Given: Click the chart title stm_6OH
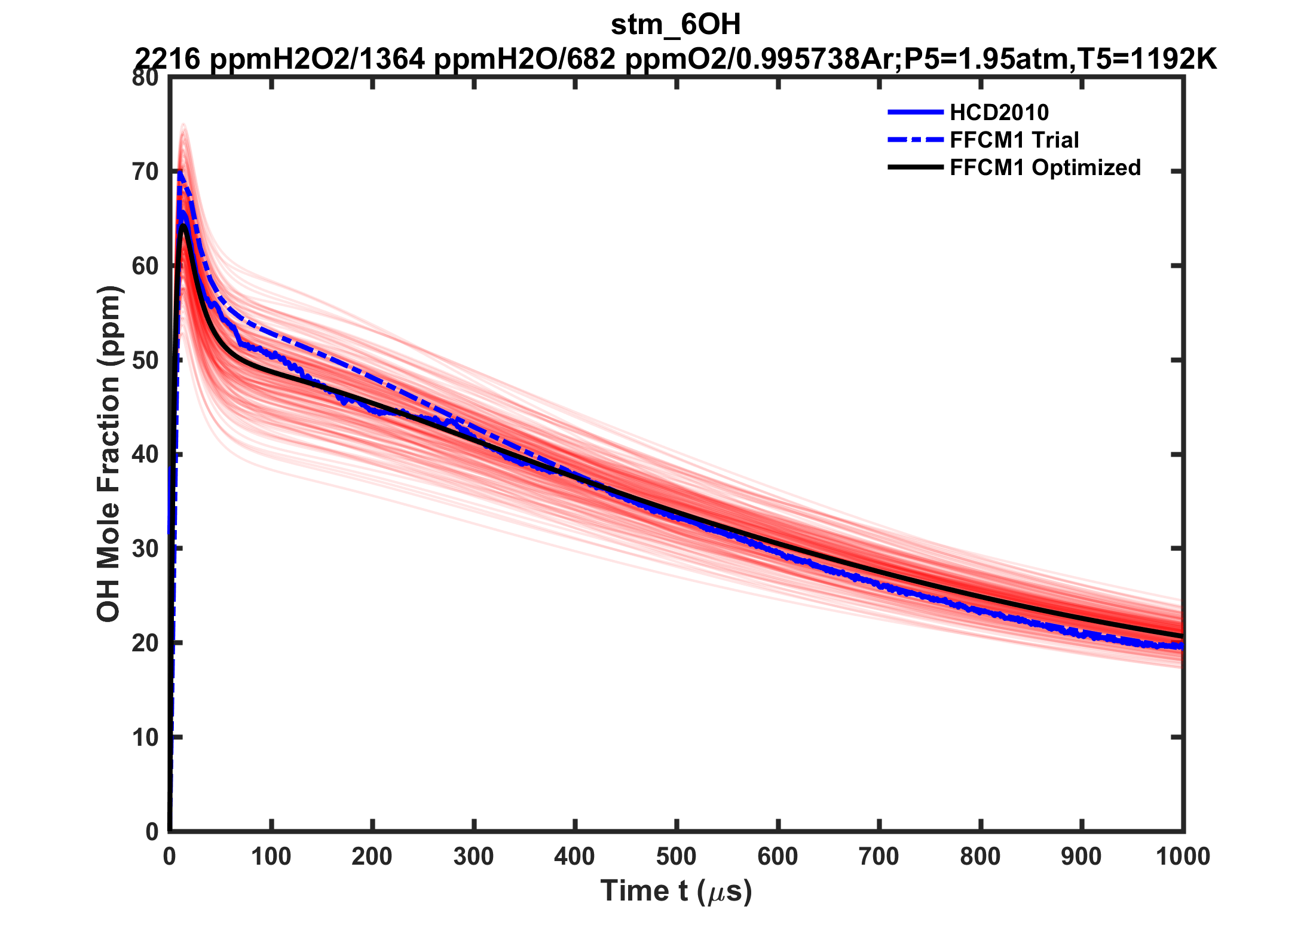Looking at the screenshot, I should (675, 25).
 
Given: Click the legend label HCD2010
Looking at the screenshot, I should (999, 112).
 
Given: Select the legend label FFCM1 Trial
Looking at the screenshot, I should (1014, 140).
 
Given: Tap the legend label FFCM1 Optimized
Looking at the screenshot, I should (1045, 167).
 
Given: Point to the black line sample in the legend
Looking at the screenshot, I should (916, 167).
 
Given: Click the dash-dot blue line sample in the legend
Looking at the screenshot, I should (916, 140).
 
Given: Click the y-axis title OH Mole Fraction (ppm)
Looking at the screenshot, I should (109, 454).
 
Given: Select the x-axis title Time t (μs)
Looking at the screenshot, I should (675, 891).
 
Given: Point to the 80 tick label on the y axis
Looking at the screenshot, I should (145, 78).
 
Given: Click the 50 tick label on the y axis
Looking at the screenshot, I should (145, 360).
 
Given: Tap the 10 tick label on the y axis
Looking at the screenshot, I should (145, 737).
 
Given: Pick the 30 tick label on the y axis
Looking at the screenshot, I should (145, 549).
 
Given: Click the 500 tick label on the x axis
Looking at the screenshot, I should (676, 857).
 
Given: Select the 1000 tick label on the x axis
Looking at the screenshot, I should (1182, 857).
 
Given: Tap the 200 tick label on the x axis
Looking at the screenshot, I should (372, 857).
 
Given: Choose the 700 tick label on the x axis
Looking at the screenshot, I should (879, 857).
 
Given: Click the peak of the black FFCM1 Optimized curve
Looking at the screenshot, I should (183, 225).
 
